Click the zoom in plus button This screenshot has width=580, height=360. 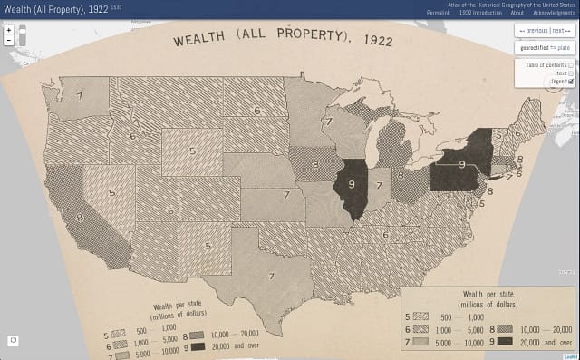pos(8,30)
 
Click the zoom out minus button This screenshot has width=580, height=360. pos(8,41)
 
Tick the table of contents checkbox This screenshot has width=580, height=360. pos(571,65)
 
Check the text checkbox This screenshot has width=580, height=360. pos(571,73)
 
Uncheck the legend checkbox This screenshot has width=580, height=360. pos(571,82)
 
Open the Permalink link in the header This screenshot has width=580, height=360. pos(441,14)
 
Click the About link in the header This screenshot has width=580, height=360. pos(517,14)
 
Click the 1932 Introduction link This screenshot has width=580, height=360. pos(480,14)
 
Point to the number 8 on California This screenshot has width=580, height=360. pos(81,218)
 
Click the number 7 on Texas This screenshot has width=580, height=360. pos(270,276)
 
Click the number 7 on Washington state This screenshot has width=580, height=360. pos(79,94)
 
